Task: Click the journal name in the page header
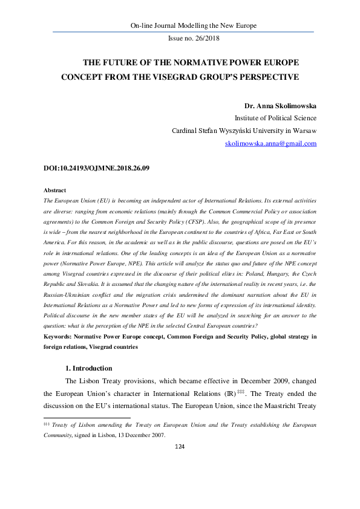click(x=194, y=25)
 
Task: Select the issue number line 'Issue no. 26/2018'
click(x=193, y=39)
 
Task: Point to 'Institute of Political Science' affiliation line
click(x=275, y=118)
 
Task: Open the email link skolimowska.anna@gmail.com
click(x=271, y=144)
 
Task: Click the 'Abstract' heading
click(x=56, y=190)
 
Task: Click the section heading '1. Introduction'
click(x=88, y=368)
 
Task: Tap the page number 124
click(x=179, y=446)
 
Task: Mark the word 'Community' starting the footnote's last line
click(x=61, y=434)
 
